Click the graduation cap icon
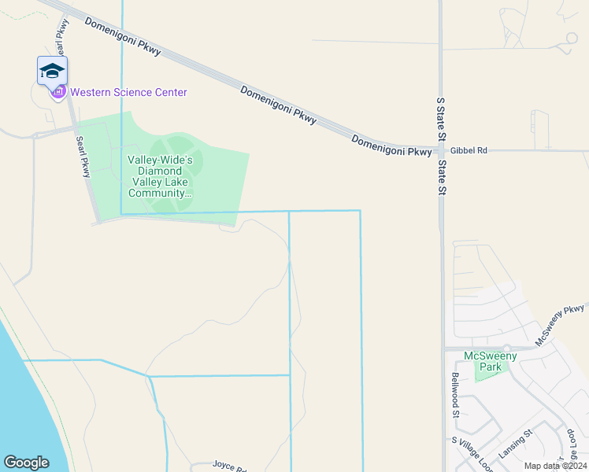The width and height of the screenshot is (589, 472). tap(52, 70)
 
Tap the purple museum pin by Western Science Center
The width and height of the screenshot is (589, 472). tap(58, 93)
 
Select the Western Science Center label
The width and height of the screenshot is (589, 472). tap(128, 93)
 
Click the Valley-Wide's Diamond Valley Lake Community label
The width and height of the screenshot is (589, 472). tap(160, 176)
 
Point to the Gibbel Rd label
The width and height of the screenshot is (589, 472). tap(469, 149)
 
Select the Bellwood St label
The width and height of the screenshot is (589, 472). tap(455, 396)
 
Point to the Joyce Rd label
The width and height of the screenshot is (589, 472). tap(229, 465)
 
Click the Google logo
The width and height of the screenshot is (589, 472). tap(26, 463)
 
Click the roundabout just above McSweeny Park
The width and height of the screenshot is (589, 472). tap(507, 348)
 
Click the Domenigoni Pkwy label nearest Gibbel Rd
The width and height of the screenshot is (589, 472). tap(391, 146)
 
